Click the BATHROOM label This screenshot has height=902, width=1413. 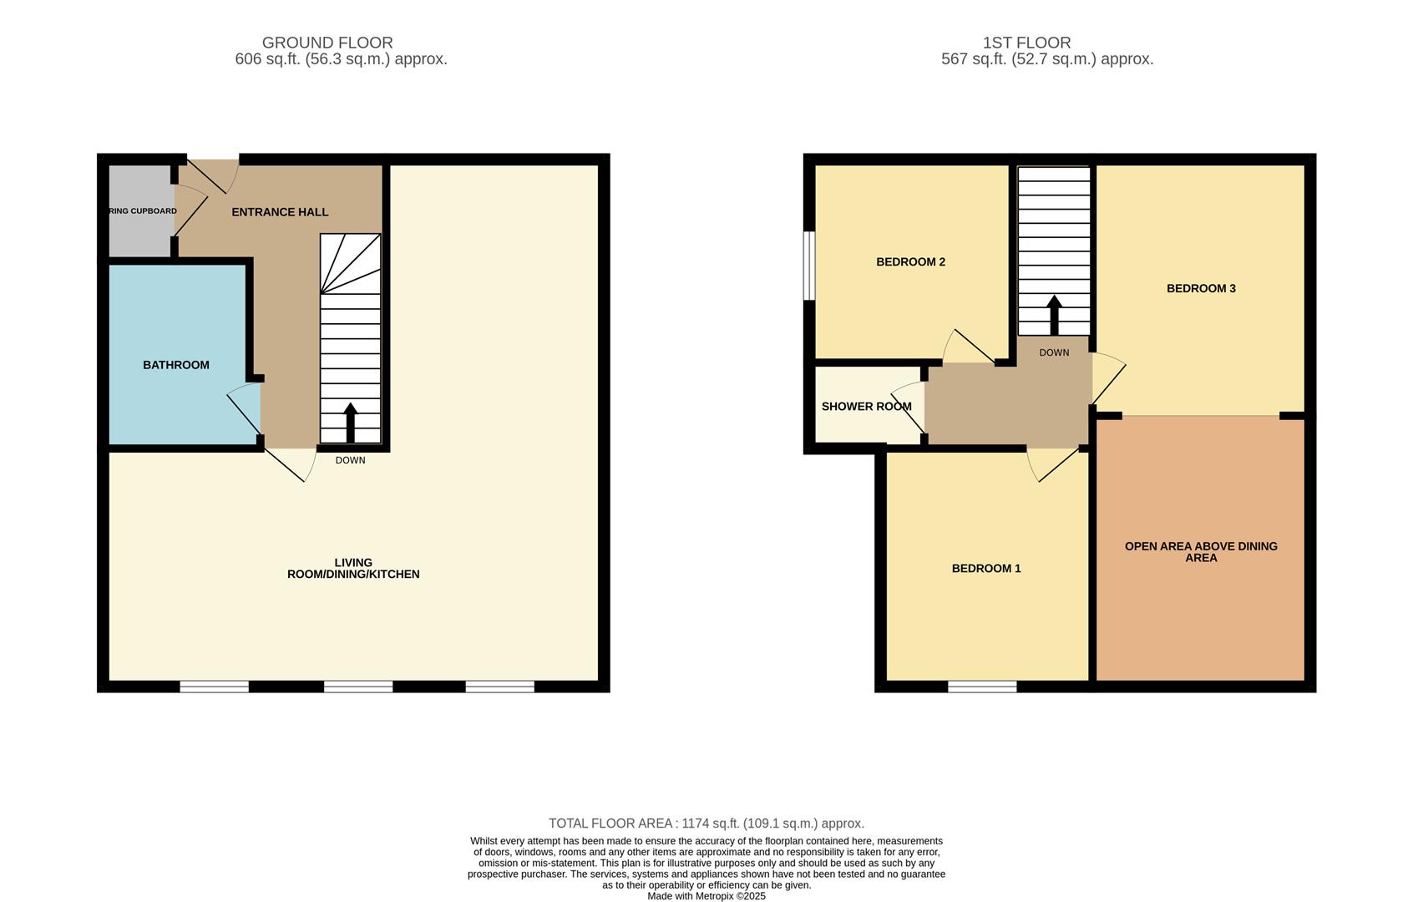pyautogui.click(x=175, y=365)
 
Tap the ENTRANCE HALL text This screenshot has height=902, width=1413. pyautogui.click(x=280, y=212)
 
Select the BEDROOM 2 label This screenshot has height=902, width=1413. pyautogui.click(x=910, y=262)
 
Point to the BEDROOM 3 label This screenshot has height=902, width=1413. pyautogui.click(x=1201, y=289)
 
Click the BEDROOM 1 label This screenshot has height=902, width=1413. pyautogui.click(x=986, y=569)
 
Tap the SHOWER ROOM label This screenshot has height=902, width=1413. pyautogui.click(x=866, y=407)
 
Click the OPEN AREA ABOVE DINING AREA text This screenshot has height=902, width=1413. pyautogui.click(x=1201, y=552)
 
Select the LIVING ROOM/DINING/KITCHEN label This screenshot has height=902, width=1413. pyautogui.click(x=353, y=569)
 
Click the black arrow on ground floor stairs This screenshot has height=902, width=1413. pyautogui.click(x=351, y=422)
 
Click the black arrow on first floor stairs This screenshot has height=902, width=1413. pyautogui.click(x=1054, y=315)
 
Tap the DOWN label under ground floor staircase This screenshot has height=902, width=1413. pyautogui.click(x=351, y=460)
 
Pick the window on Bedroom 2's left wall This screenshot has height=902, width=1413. pyautogui.click(x=808, y=265)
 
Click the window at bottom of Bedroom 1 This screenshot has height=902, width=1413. pyautogui.click(x=982, y=687)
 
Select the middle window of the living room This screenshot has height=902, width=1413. pyautogui.click(x=358, y=687)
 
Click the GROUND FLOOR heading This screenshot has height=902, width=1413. pyautogui.click(x=327, y=43)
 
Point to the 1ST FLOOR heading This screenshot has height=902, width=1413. pyautogui.click(x=1026, y=43)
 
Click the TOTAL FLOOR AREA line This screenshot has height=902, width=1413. pyautogui.click(x=706, y=823)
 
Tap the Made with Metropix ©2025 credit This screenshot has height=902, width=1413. pyautogui.click(x=706, y=896)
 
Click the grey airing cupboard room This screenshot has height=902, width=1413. pyautogui.click(x=139, y=230)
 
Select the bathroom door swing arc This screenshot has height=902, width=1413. pyautogui.click(x=243, y=409)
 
